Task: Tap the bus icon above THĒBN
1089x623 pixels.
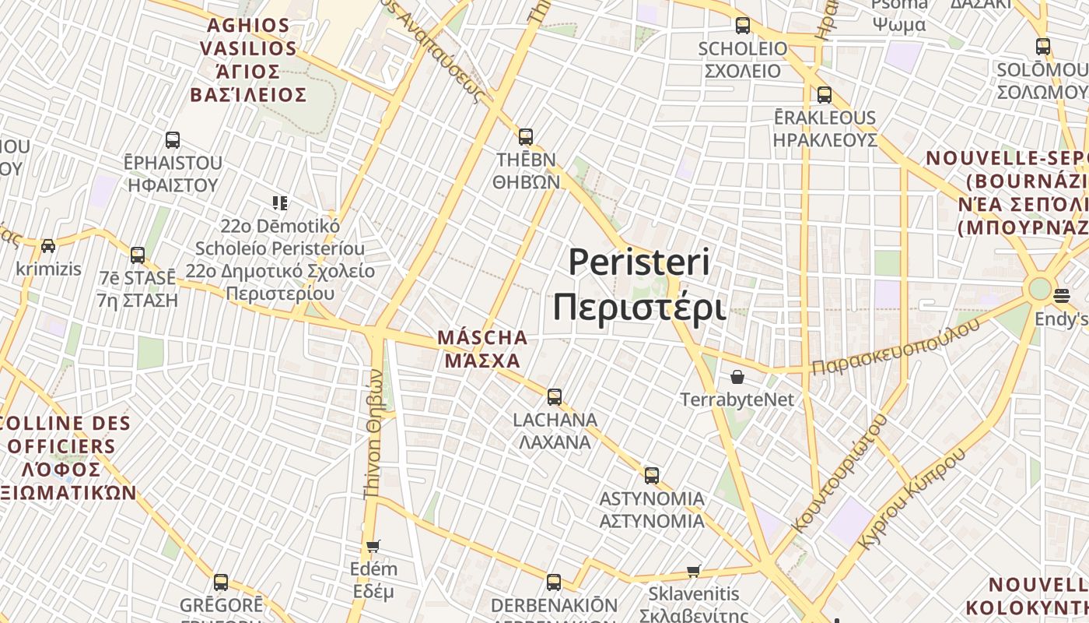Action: tap(526, 137)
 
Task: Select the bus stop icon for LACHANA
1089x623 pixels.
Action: tap(554, 396)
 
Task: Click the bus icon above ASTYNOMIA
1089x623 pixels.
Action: tap(652, 475)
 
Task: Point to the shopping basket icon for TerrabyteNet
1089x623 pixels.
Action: tap(737, 377)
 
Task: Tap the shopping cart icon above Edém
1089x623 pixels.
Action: tap(373, 546)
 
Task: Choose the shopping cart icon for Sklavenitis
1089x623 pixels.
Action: tap(694, 572)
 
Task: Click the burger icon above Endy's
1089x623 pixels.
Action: tap(1062, 296)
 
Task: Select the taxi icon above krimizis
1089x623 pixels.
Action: tap(48, 246)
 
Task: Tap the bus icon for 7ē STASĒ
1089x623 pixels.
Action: tap(138, 255)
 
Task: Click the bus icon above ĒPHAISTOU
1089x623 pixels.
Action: tap(173, 140)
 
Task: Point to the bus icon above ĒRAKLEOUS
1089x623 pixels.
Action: tap(825, 95)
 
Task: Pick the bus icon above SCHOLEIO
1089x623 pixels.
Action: tap(743, 26)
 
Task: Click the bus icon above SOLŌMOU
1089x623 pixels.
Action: tap(1043, 47)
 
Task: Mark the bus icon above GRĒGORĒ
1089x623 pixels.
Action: tap(221, 582)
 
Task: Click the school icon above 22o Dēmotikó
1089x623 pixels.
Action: tap(280, 203)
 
